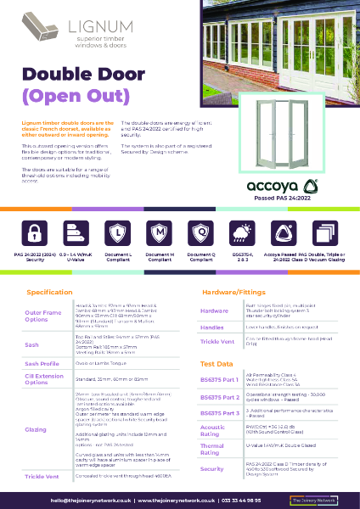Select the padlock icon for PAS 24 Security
[x=37, y=232]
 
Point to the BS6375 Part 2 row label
[x=220, y=397]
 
